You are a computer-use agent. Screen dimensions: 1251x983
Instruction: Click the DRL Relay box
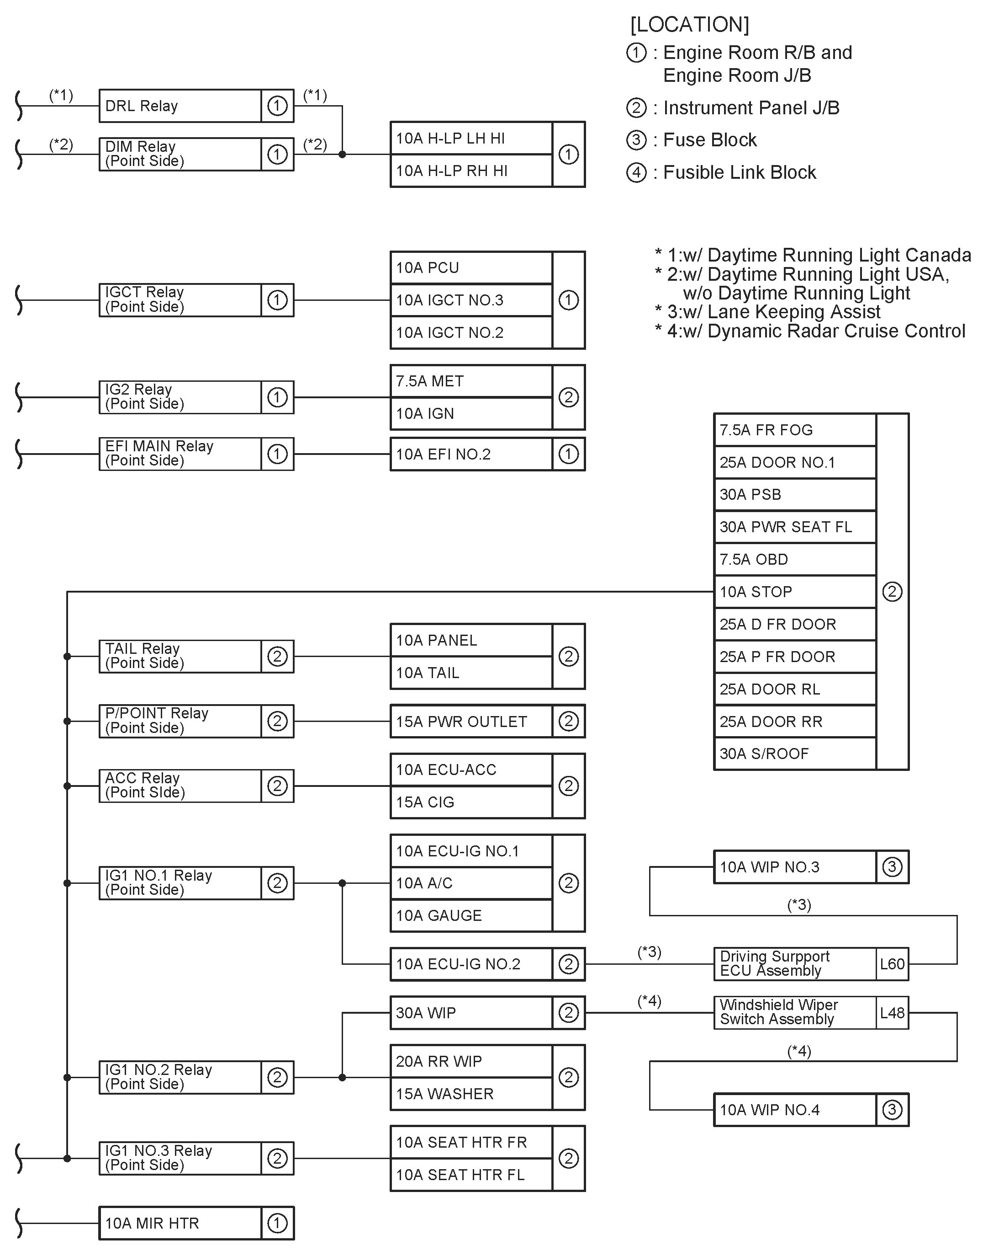[x=180, y=106]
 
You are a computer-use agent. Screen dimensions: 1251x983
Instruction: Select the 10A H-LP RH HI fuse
[x=471, y=171]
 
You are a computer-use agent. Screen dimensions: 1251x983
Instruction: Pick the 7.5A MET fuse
[x=471, y=381]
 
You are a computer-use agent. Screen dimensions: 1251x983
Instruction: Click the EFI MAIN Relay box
[x=180, y=454]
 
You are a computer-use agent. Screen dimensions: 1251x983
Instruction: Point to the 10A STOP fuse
[x=794, y=592]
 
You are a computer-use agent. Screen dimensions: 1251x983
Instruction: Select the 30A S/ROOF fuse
[x=794, y=754]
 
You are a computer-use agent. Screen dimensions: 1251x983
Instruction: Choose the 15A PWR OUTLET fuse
[x=471, y=722]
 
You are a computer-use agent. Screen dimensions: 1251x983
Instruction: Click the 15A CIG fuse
[x=471, y=802]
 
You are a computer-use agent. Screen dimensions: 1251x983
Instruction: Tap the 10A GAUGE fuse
[x=471, y=916]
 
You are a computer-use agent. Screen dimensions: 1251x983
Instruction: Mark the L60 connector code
[x=892, y=964]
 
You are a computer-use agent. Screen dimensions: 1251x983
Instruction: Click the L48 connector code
[x=892, y=1013]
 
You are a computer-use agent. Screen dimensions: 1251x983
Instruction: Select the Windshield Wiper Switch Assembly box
[x=794, y=1013]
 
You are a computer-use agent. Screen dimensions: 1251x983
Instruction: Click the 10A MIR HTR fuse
[x=180, y=1224]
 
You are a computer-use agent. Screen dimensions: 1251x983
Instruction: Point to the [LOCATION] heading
[x=689, y=25]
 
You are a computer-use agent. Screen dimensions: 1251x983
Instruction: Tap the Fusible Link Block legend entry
[x=739, y=172]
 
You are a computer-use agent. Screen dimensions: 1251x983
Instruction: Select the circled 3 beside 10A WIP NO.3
[x=892, y=867]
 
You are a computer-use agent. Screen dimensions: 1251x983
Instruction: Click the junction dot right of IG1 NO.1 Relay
[x=343, y=883]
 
